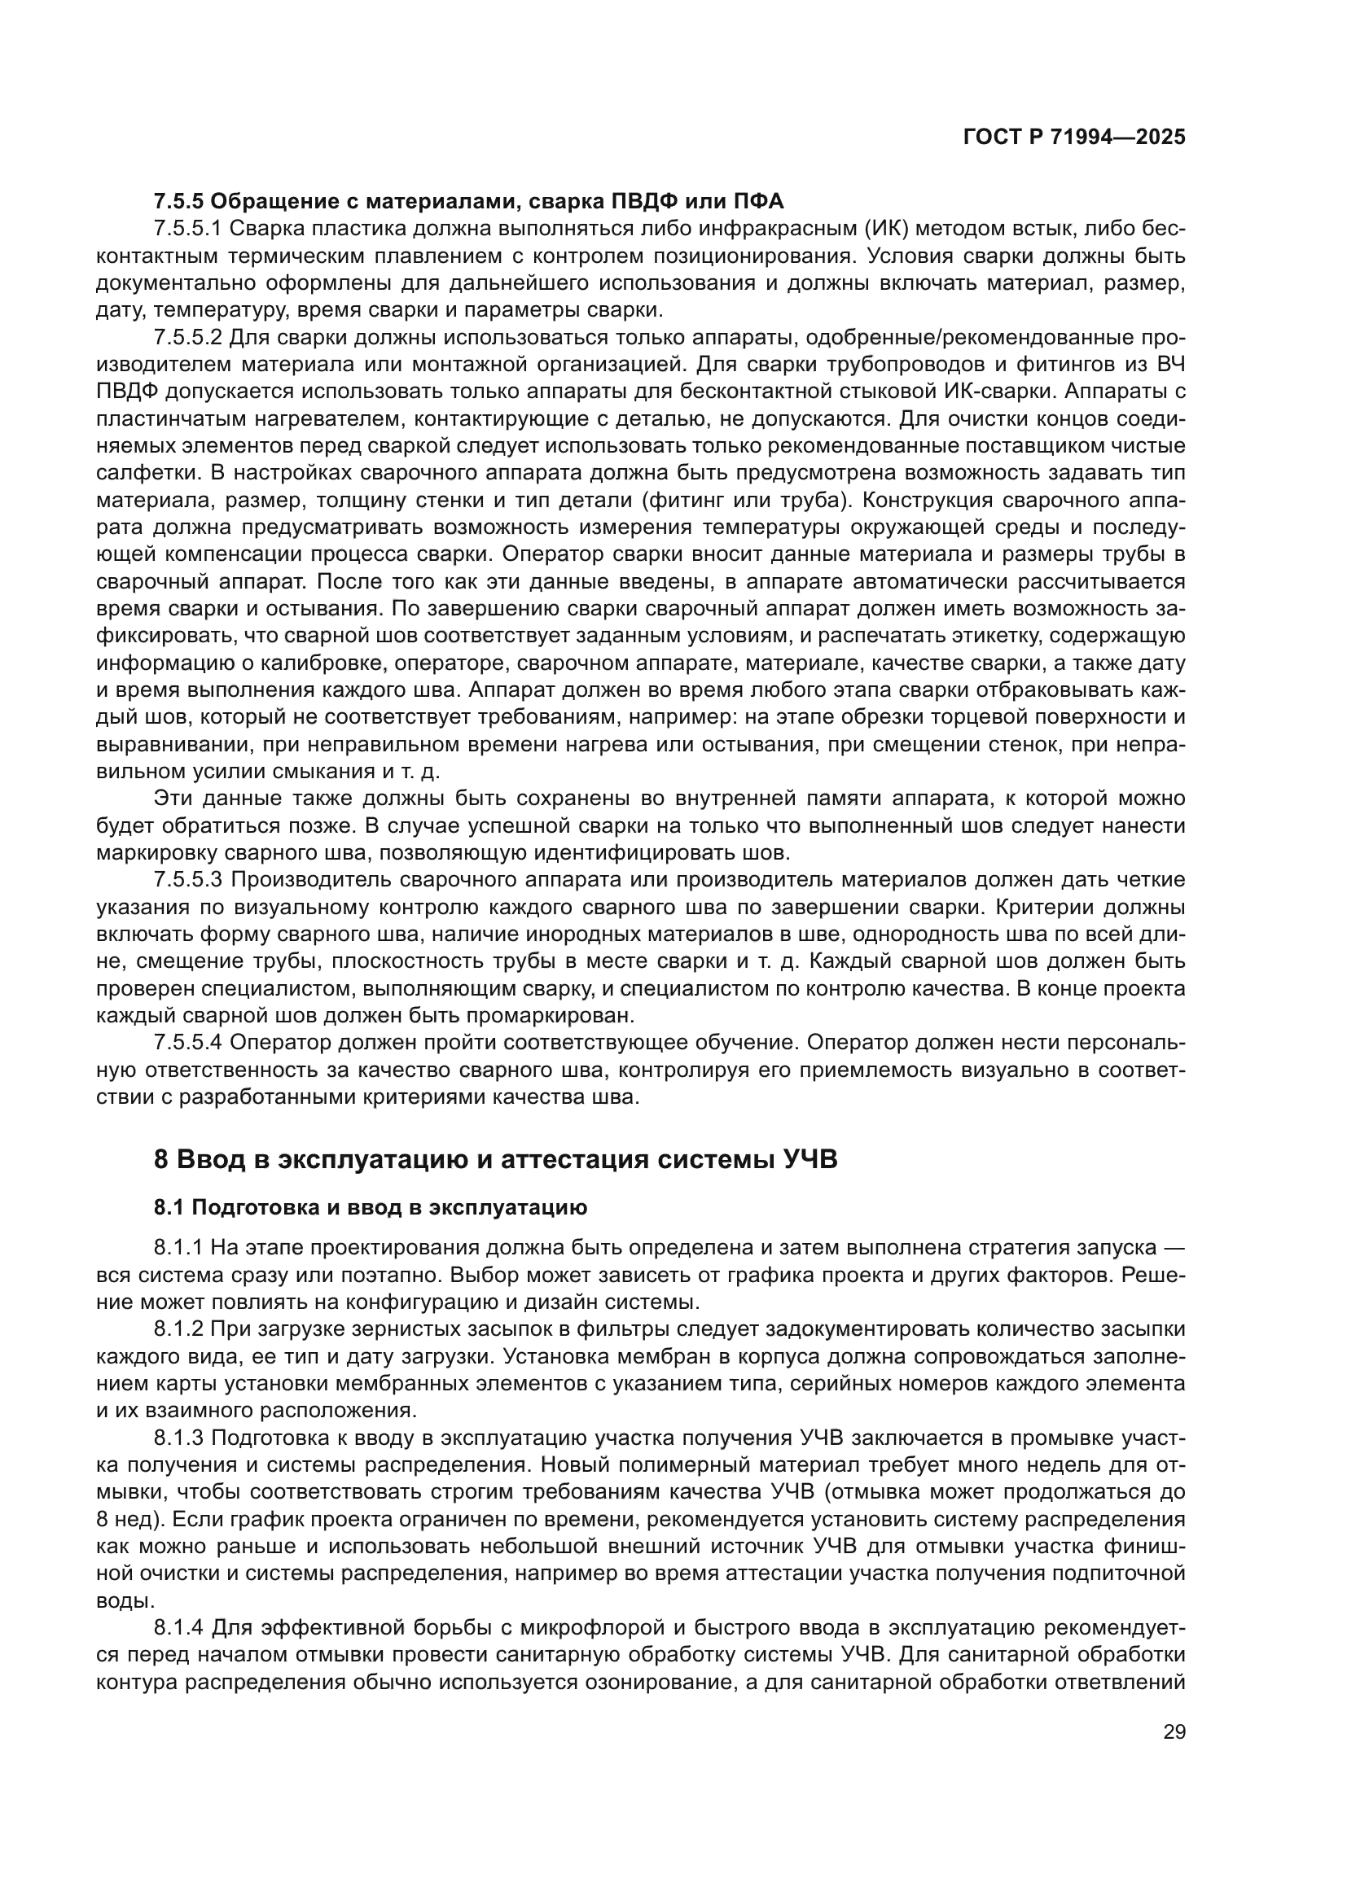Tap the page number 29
1174,1731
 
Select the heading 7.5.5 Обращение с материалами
468,201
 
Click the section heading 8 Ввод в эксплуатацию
495,1158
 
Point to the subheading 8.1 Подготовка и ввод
370,1207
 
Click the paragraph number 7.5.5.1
187,228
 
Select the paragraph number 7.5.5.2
187,338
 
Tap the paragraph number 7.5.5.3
187,879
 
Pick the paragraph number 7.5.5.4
187,1042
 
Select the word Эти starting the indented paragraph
173,798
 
